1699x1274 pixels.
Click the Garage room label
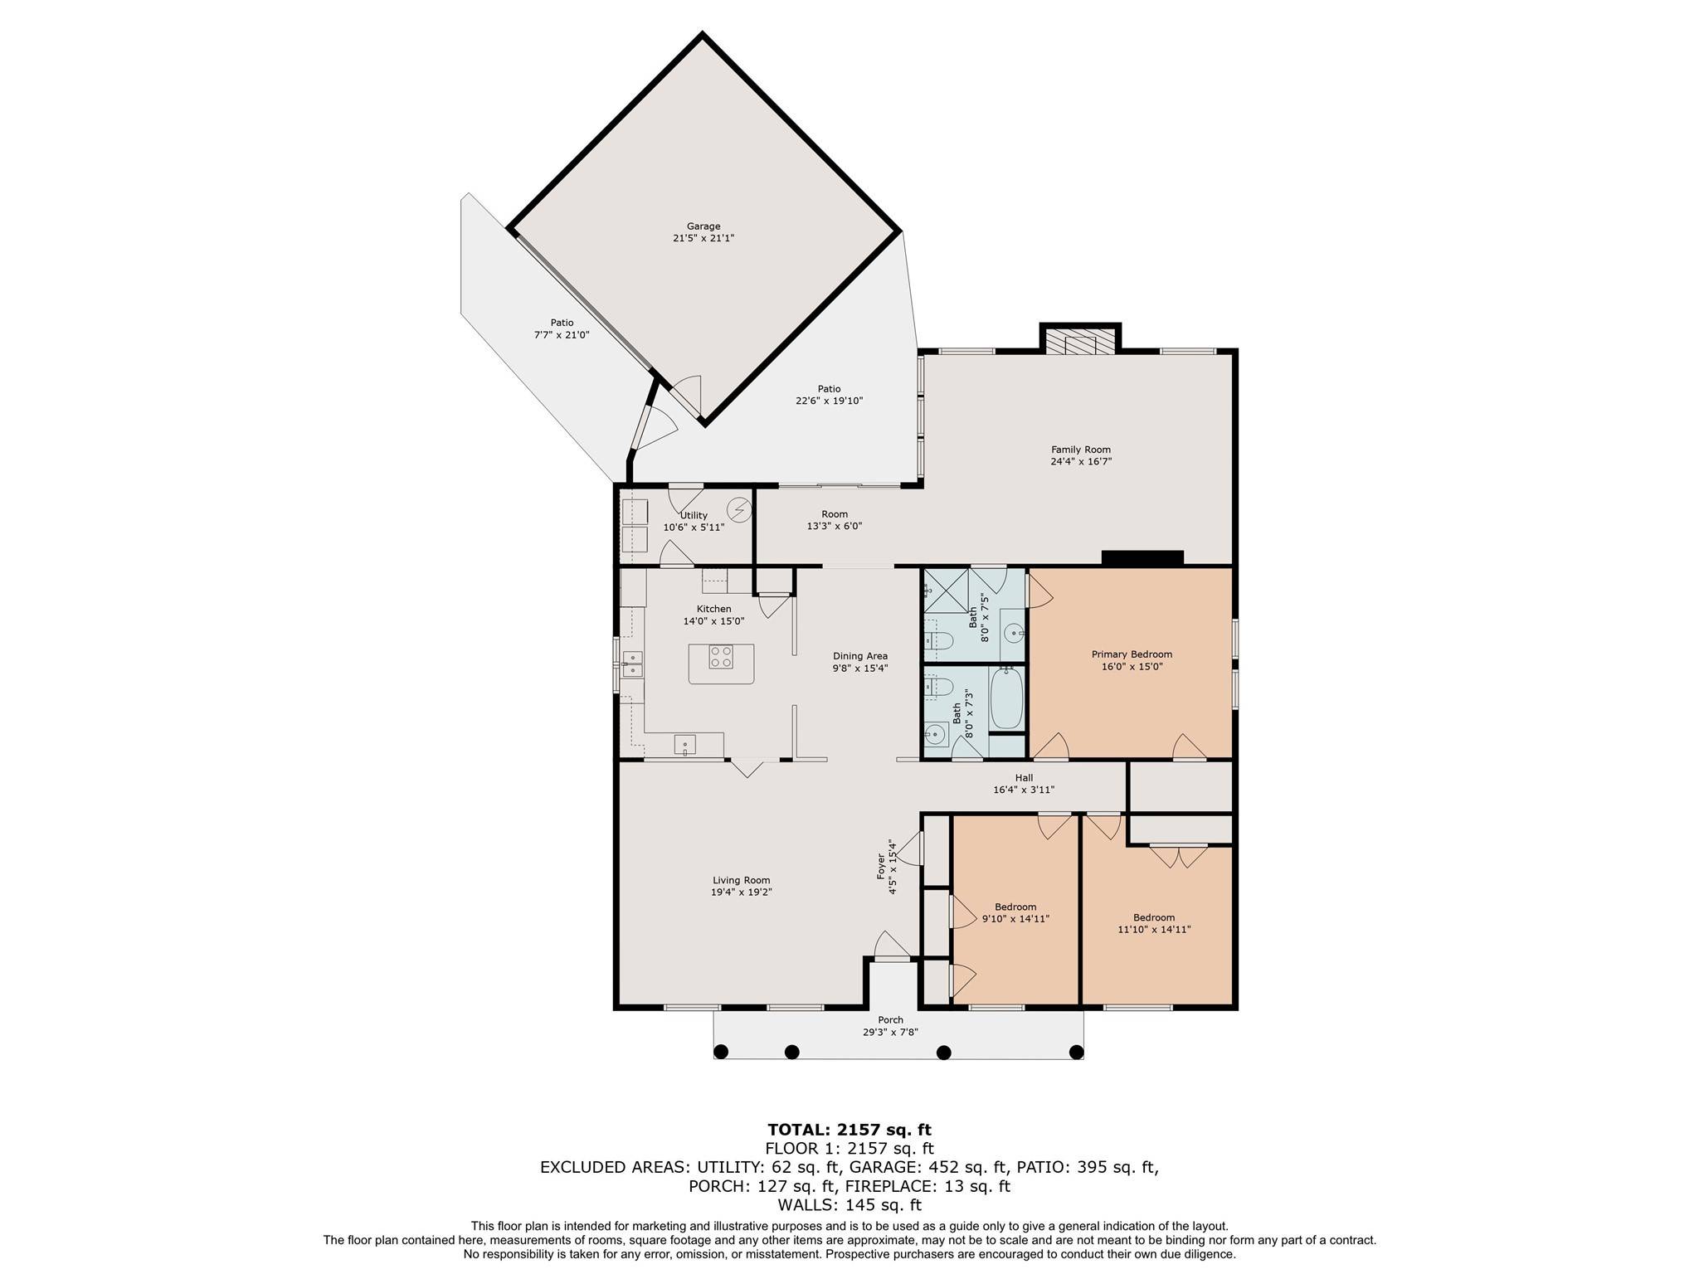click(x=703, y=226)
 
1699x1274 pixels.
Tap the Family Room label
click(x=1081, y=450)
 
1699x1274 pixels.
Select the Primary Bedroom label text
click(x=1132, y=654)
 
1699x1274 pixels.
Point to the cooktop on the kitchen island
click(x=721, y=658)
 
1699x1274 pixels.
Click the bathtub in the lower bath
click(x=1007, y=698)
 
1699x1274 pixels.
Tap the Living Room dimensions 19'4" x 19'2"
click(x=741, y=892)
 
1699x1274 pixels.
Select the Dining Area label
click(x=860, y=656)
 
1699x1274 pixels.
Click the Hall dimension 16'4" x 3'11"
click(x=1024, y=790)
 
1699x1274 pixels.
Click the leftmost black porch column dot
click(x=721, y=1053)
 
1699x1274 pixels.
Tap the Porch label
click(x=890, y=1020)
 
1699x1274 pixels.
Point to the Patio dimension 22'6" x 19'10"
click(x=829, y=401)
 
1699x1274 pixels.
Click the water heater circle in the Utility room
click(x=738, y=508)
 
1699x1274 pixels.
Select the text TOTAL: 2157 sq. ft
click(x=849, y=1130)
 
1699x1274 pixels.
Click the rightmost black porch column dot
click(x=1076, y=1053)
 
